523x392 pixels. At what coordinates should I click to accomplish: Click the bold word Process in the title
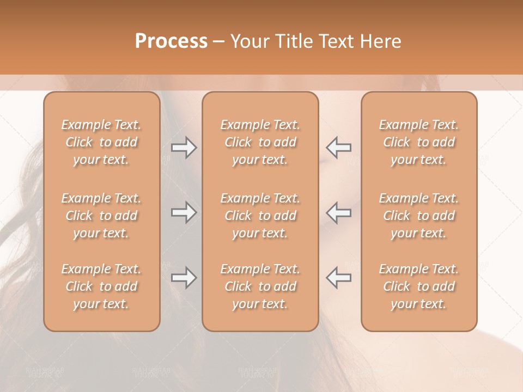pos(171,41)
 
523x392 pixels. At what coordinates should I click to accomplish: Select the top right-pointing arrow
pos(184,148)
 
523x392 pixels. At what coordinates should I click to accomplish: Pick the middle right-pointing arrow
pos(184,212)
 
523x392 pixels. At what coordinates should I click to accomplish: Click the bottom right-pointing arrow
pos(184,278)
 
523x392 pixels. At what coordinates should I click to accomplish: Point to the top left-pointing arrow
pos(339,148)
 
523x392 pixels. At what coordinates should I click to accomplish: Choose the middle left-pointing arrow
pos(339,212)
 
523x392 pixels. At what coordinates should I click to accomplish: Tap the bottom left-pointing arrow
pos(339,278)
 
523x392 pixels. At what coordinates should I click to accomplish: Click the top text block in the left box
pos(101,142)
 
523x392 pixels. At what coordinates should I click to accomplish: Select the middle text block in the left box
pos(101,216)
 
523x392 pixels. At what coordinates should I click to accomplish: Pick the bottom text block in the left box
pos(101,286)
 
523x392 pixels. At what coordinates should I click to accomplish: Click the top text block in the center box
pos(260,142)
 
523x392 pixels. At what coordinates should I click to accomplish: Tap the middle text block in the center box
pos(260,216)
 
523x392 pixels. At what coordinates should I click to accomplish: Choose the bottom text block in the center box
pos(260,286)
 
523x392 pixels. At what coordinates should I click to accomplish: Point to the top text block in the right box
pos(418,142)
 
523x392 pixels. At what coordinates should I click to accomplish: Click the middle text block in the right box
pos(418,216)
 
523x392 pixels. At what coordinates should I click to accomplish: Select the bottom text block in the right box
pos(418,286)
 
